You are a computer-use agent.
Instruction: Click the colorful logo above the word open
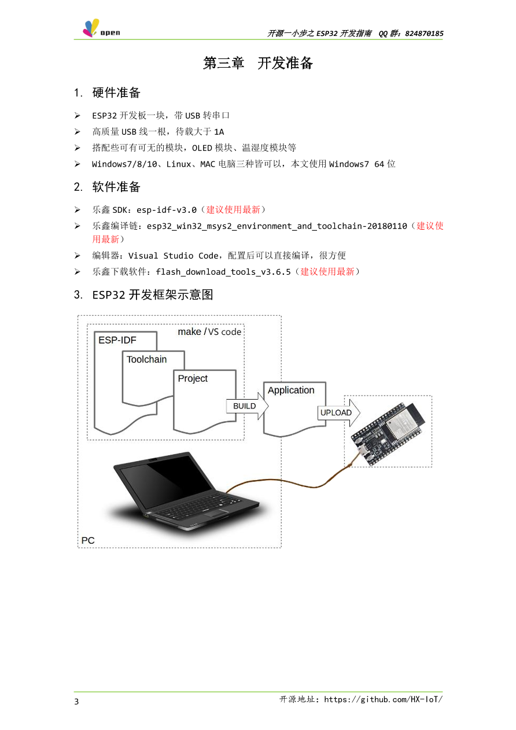tap(91, 27)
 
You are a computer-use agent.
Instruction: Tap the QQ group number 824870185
tap(424, 34)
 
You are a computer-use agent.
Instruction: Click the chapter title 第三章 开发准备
tap(257, 63)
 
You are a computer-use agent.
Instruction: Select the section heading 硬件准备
tap(116, 93)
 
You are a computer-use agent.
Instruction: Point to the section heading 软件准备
tap(116, 187)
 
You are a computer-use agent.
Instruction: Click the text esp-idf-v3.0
tap(166, 209)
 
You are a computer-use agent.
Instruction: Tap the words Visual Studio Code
tap(173, 256)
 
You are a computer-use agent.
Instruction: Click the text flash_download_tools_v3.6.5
tap(223, 272)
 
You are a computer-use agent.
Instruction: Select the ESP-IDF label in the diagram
tap(117, 340)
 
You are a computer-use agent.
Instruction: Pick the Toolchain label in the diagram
tap(146, 359)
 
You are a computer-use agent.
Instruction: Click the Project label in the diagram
tap(193, 378)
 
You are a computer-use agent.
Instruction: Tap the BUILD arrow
tap(248, 406)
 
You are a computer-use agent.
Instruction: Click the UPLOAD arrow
tap(338, 412)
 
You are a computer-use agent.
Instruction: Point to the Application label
tap(291, 390)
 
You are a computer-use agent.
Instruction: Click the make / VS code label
tap(209, 332)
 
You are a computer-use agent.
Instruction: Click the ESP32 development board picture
tap(388, 433)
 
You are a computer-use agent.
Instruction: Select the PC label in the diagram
tap(88, 541)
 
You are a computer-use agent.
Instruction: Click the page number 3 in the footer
tap(76, 702)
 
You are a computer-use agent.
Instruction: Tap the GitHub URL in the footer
tap(383, 699)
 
